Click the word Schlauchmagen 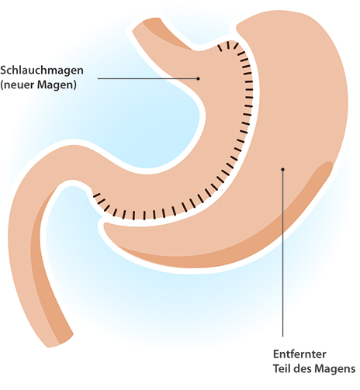(42, 71)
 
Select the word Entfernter (299, 354)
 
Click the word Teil (282, 368)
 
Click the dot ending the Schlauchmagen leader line (198, 78)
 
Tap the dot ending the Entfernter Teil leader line (282, 170)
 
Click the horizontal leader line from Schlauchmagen (147, 78)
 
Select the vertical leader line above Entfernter (282, 254)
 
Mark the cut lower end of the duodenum (60, 340)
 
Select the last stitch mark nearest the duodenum (97, 195)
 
